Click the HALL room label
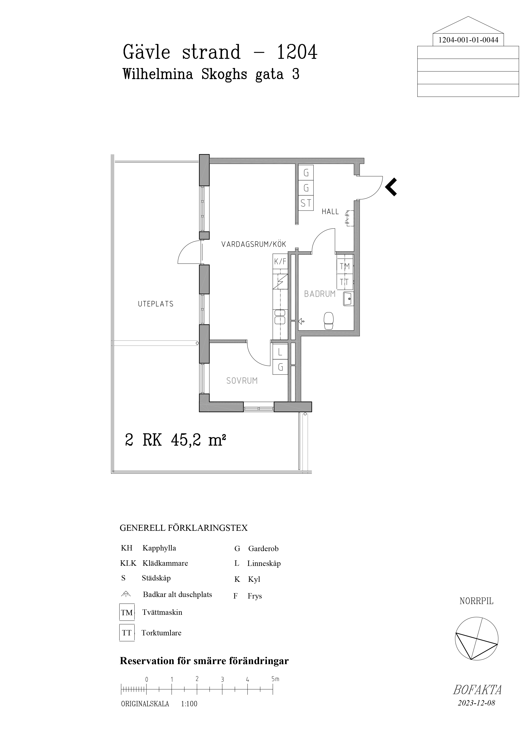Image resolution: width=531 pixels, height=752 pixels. (330, 212)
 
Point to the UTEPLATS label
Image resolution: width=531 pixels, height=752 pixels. (156, 304)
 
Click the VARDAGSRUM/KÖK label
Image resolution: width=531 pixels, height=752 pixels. (254, 244)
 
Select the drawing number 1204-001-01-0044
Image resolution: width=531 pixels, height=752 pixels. (468, 40)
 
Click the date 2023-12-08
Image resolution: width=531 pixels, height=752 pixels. (476, 703)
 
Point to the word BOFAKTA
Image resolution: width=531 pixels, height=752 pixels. (477, 690)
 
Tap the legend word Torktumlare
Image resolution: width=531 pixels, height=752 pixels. (161, 633)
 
